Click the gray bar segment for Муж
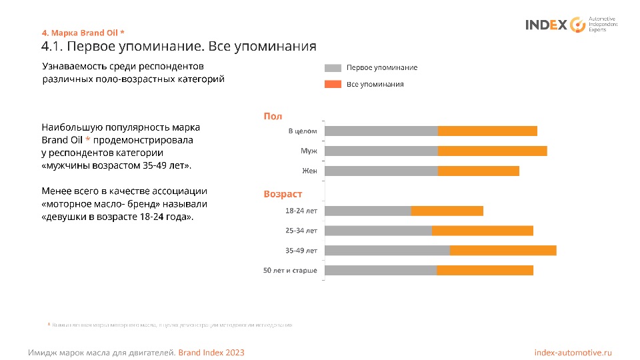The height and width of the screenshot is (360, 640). click(x=381, y=151)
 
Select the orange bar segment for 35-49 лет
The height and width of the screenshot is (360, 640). click(x=503, y=250)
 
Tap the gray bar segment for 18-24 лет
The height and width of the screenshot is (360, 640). click(x=367, y=211)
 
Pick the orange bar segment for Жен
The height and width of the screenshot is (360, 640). click(x=478, y=171)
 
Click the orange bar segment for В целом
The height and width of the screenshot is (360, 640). click(x=487, y=131)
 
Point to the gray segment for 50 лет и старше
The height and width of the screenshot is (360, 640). click(x=380, y=270)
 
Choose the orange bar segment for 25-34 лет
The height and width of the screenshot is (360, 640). click(x=482, y=231)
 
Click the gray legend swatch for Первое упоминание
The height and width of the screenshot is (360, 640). click(x=333, y=68)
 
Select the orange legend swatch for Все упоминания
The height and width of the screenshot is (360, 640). click(x=333, y=85)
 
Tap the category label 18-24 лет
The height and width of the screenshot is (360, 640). click(x=301, y=211)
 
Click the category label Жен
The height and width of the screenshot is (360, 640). click(x=309, y=171)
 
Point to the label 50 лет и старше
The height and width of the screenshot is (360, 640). click(x=290, y=271)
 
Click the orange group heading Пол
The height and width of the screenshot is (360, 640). click(x=273, y=116)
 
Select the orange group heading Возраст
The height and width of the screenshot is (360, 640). click(x=283, y=194)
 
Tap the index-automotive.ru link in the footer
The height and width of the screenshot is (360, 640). click(x=573, y=352)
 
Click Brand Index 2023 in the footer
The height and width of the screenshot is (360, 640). click(x=211, y=352)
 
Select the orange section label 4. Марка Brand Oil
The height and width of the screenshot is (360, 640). click(x=83, y=33)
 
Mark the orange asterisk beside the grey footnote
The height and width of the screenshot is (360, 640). click(x=49, y=325)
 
